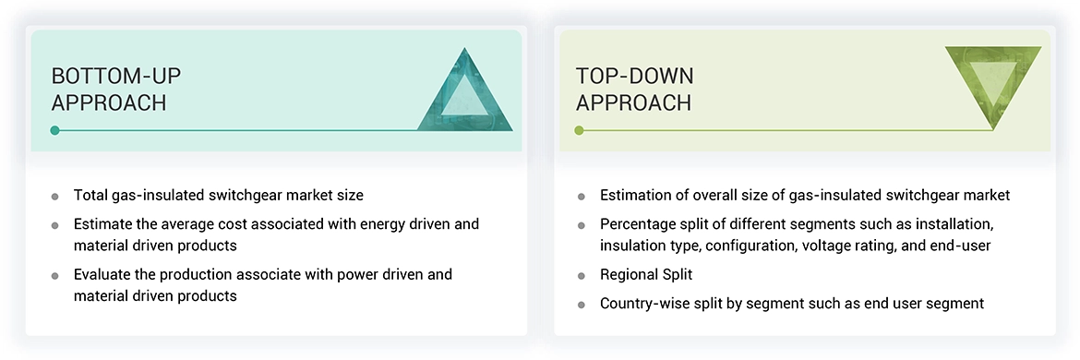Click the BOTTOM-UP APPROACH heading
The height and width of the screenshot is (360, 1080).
(109, 89)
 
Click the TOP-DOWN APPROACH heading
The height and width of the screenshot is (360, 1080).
(634, 89)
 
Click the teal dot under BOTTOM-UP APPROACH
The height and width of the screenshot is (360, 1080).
(55, 130)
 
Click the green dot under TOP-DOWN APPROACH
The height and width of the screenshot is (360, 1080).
(579, 130)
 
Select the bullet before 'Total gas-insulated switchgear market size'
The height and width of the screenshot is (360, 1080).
(55, 197)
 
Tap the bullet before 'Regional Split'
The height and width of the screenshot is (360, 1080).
(581, 276)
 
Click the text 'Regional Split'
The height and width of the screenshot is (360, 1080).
(646, 275)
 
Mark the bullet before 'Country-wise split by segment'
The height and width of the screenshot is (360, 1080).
(581, 304)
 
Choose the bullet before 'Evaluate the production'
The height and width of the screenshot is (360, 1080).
(55, 276)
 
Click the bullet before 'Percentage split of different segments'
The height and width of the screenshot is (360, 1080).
(581, 225)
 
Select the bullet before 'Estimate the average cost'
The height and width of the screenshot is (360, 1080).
(55, 225)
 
